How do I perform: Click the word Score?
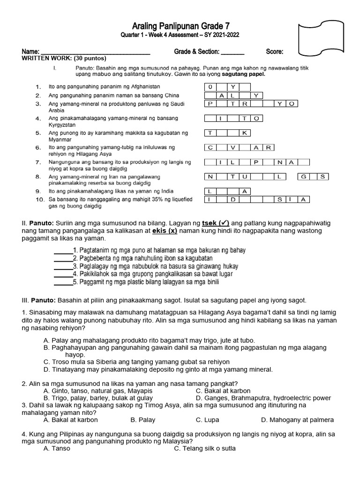tap(275, 52)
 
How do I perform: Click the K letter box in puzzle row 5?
tap(245, 133)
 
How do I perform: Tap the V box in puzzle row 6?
tap(233, 148)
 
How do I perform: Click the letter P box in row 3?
tap(210, 104)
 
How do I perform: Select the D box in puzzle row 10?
tap(233, 200)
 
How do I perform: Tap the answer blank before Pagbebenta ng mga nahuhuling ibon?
tap(63, 258)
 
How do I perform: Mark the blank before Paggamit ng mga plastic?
tap(63, 282)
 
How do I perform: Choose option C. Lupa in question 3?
tap(207, 420)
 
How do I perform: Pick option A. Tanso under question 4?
tap(56, 448)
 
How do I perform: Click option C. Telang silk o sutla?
tap(204, 448)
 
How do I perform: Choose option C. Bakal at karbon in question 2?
tap(223, 390)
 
